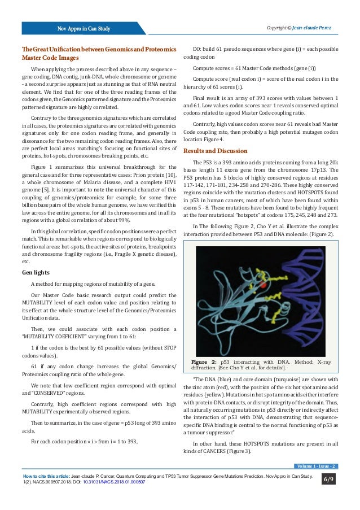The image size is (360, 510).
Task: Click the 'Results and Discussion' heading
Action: click(x=215, y=151)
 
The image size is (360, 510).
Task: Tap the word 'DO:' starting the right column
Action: click(x=198, y=49)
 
